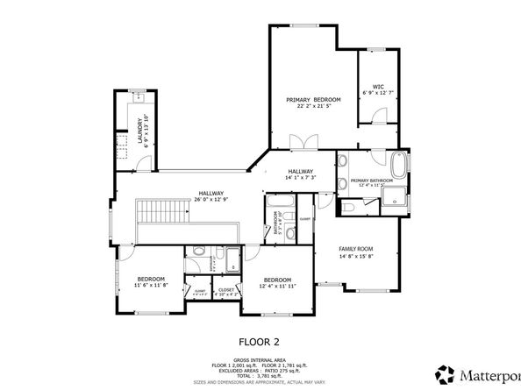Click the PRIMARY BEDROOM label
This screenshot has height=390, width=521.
[x=313, y=101]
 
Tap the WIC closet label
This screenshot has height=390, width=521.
[x=378, y=87]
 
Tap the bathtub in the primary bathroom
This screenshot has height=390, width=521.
[x=398, y=165]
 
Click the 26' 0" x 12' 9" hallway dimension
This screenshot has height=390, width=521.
[x=211, y=200]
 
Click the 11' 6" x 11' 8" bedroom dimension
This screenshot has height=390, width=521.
[x=151, y=286]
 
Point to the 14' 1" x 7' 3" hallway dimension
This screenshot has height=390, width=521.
[x=300, y=178]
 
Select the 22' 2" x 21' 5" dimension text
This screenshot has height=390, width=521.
[x=313, y=108]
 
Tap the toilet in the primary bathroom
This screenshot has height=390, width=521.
[x=347, y=208]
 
